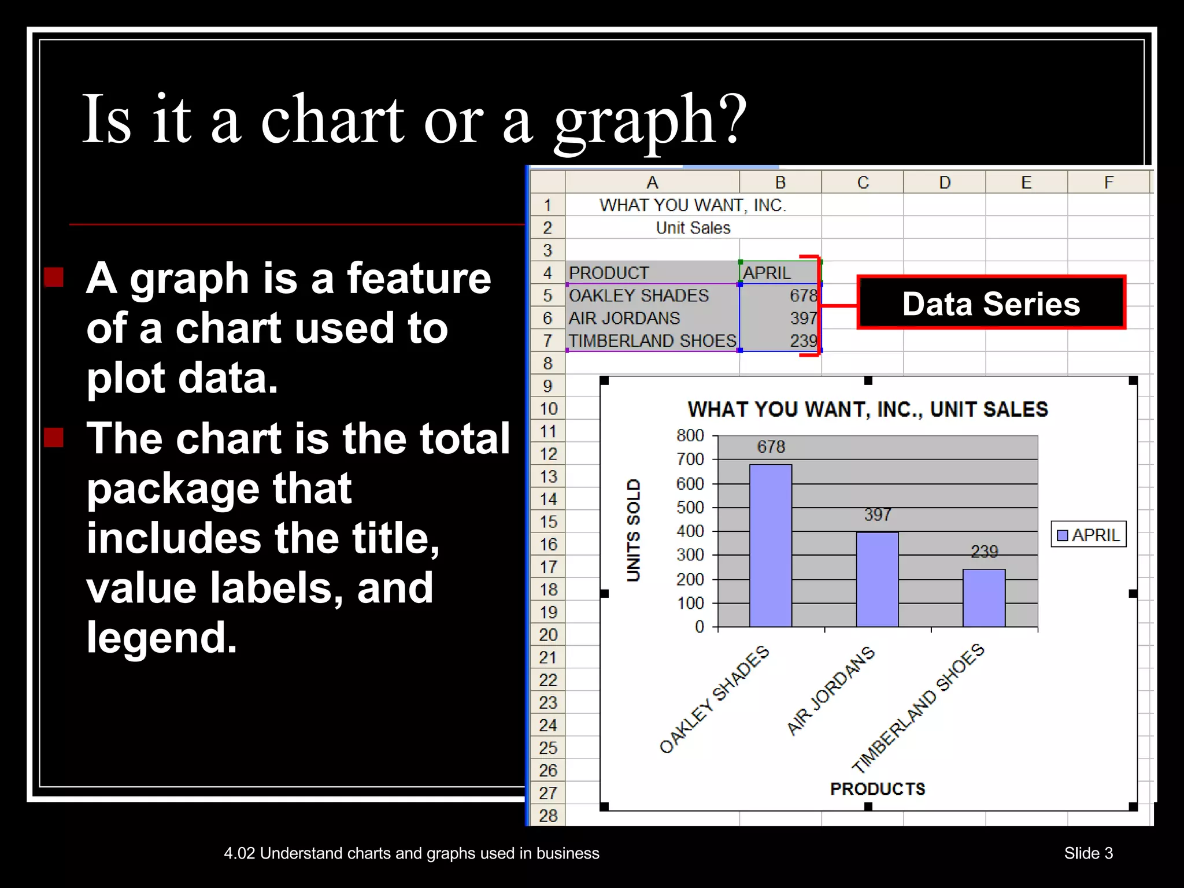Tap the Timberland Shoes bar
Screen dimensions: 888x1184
tap(984, 598)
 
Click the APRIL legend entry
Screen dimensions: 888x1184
tap(1089, 535)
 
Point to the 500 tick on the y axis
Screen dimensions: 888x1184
tap(690, 508)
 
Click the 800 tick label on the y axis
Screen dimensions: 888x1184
tap(690, 435)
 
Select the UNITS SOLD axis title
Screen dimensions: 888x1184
tap(634, 530)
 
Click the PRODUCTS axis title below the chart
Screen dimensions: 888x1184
tap(878, 789)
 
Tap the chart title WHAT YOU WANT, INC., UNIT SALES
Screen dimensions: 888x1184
tap(868, 409)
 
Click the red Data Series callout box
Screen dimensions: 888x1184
tap(991, 303)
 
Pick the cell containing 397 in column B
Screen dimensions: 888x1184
tap(780, 318)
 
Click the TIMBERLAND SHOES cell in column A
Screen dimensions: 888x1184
tap(652, 341)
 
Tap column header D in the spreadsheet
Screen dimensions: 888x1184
tap(945, 183)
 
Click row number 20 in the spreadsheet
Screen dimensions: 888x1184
tap(548, 635)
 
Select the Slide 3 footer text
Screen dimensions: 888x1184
tap(1088, 853)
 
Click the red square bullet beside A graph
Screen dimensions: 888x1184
tap(54, 277)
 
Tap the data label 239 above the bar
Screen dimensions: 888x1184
tap(984, 552)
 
